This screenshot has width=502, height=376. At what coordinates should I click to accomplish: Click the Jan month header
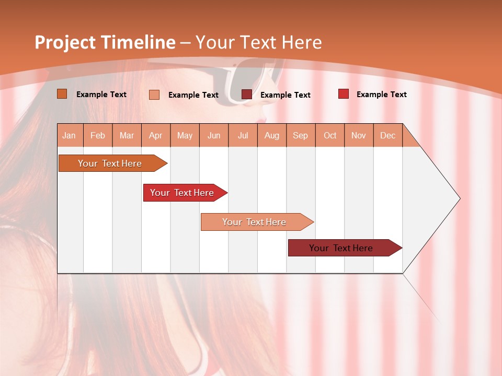(69, 135)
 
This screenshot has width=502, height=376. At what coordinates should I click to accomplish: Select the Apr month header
(155, 135)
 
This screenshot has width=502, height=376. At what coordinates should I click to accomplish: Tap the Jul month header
(243, 135)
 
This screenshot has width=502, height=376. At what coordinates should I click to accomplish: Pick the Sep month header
(300, 135)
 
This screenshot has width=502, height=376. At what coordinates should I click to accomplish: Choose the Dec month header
(387, 135)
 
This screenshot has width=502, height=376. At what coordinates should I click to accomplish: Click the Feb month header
(98, 135)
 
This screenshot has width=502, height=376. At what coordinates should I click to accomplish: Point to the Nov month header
(358, 135)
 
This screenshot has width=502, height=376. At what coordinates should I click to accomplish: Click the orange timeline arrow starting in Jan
(110, 163)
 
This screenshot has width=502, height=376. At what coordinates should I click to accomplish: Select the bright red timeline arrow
(182, 193)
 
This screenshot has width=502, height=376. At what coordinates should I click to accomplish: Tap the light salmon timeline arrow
(254, 222)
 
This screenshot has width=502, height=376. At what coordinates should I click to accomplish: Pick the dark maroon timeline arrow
(341, 248)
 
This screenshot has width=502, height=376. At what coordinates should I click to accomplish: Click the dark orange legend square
(62, 94)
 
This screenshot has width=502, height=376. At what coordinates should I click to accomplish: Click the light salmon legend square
(154, 95)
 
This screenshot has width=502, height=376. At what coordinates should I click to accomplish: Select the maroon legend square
(246, 94)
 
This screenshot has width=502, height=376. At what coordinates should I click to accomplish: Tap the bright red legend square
(343, 94)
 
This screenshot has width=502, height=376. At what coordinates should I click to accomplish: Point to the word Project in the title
(64, 42)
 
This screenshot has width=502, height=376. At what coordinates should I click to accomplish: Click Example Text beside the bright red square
(381, 95)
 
